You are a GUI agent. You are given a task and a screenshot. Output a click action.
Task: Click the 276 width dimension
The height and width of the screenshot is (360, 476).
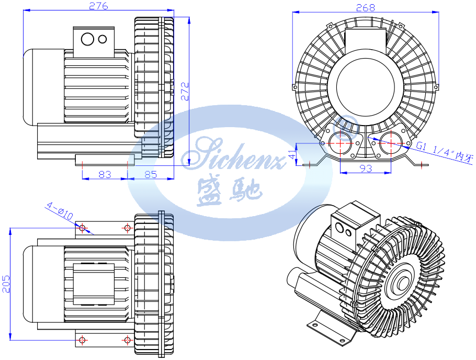(x=99, y=6)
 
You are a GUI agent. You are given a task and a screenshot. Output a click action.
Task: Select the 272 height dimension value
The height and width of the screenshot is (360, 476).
(x=184, y=92)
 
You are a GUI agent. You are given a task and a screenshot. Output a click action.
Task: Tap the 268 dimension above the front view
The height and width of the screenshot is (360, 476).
(x=365, y=7)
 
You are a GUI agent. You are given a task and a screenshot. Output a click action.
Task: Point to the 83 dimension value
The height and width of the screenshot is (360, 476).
(x=105, y=174)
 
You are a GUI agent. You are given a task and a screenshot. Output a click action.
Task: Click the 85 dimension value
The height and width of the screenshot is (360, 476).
(x=151, y=174)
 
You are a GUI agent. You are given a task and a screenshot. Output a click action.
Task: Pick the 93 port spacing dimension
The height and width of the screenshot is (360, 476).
(x=366, y=168)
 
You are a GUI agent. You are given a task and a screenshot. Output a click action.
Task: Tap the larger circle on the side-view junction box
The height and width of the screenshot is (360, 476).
(x=88, y=39)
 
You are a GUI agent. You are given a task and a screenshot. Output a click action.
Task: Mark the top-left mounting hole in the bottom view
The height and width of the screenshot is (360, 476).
(x=82, y=228)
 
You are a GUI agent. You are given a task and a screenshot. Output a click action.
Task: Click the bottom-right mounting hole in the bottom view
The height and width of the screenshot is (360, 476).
(x=127, y=340)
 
